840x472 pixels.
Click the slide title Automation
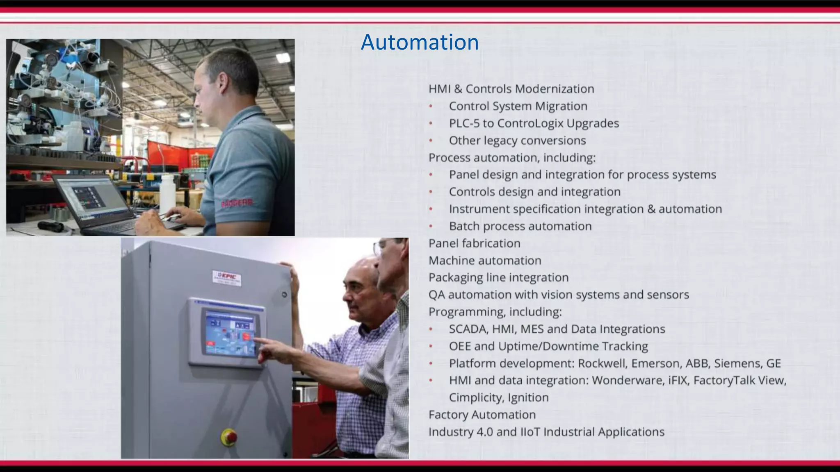coord(420,42)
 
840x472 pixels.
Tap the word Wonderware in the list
coord(628,380)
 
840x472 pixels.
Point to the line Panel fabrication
coord(474,243)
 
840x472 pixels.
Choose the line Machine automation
coord(485,261)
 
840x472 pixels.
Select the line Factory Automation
coord(482,415)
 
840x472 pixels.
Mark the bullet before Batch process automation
coord(431,226)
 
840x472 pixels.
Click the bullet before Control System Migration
coord(431,106)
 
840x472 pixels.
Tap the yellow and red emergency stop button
coord(229,436)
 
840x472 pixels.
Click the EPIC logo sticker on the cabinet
coord(226,278)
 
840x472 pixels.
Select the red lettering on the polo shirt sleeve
coord(237,203)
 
